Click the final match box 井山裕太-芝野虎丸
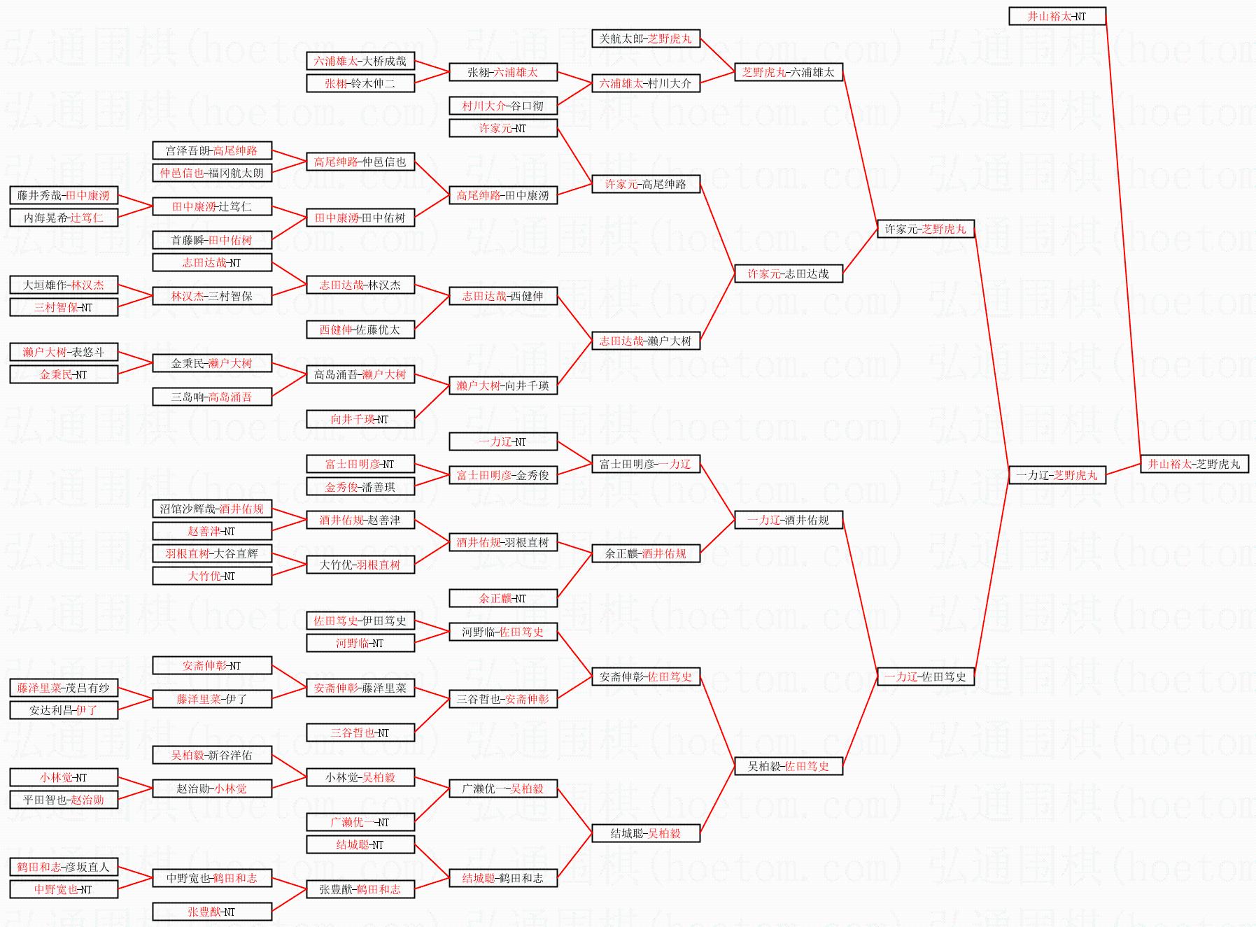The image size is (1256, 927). [1194, 464]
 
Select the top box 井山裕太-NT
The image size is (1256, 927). [1057, 16]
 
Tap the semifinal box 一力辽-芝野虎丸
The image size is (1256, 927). [1057, 475]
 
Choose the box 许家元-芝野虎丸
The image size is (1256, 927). [925, 229]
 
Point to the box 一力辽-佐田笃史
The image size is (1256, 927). [925, 677]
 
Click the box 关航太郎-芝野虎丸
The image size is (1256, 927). [645, 38]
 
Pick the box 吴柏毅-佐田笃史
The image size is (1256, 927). [788, 766]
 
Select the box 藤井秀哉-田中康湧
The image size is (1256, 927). [64, 195]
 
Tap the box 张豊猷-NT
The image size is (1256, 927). [211, 912]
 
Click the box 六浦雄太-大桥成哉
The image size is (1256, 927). [360, 61]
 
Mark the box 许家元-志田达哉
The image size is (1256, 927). [788, 274]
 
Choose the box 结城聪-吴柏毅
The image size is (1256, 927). [645, 833]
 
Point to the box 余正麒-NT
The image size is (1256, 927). [502, 598]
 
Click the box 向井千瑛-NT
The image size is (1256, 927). [360, 419]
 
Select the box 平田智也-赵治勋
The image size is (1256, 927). [64, 800]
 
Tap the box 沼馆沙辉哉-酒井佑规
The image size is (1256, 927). [211, 509]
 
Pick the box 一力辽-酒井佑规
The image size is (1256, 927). [788, 520]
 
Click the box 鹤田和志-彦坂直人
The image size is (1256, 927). [64, 867]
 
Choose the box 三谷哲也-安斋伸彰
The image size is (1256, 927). [502, 699]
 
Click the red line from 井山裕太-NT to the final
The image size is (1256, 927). [1123, 238]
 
